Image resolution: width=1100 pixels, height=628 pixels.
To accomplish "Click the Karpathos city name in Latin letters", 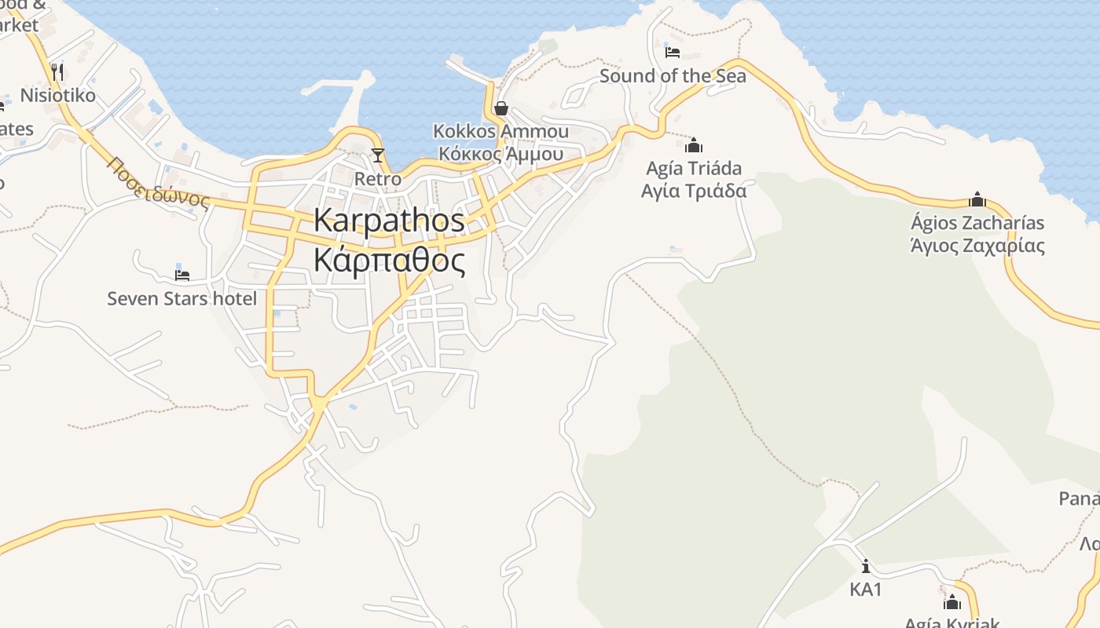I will pos(389,220).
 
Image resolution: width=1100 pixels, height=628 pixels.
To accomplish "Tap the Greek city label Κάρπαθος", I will pos(389,260).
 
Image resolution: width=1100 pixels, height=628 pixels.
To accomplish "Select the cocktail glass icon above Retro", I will pos(378,155).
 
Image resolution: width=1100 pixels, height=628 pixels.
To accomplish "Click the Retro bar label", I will pos(378,179).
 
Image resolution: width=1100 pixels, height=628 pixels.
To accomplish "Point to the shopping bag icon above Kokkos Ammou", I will pos(500,108).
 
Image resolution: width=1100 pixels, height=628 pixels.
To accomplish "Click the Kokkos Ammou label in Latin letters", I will pos(500,131).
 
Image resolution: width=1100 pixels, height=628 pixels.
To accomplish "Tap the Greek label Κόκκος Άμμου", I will pos(500,153).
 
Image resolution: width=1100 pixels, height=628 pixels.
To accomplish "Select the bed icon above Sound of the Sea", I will pos(673,53).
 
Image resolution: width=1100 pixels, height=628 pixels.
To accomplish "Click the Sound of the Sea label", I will pos(673,76).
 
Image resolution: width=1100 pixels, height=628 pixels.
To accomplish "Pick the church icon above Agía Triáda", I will pos(693,145).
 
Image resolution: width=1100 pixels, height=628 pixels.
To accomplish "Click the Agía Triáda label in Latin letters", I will pos(693,168).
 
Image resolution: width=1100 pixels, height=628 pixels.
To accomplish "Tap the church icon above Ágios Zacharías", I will pos(977,199).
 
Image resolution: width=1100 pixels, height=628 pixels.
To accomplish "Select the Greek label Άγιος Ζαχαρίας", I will pos(977,246).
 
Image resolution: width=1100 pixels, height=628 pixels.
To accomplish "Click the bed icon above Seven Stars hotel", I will pos(182,275).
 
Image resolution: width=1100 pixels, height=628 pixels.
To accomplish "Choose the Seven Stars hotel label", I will pos(182,298).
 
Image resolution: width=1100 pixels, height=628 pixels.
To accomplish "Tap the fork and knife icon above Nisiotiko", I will pos(57,72).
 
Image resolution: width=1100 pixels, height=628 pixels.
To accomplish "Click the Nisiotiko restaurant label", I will pos(58,96).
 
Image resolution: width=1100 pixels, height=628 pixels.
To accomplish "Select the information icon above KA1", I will pos(866,566).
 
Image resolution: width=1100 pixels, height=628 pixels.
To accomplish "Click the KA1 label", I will pos(866,589).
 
